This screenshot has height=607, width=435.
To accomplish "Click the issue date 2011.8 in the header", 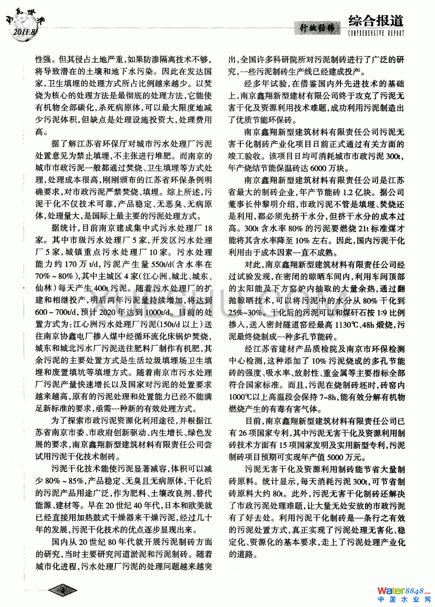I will click(x=25, y=32).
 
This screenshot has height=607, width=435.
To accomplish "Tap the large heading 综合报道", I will click(x=376, y=21).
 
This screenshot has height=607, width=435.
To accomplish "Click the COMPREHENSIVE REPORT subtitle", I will click(x=376, y=33).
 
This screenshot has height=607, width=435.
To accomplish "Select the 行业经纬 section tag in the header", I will click(x=318, y=28).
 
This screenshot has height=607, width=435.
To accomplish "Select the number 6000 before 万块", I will click(x=318, y=168).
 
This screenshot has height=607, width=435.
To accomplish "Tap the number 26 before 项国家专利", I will click(x=243, y=433).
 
